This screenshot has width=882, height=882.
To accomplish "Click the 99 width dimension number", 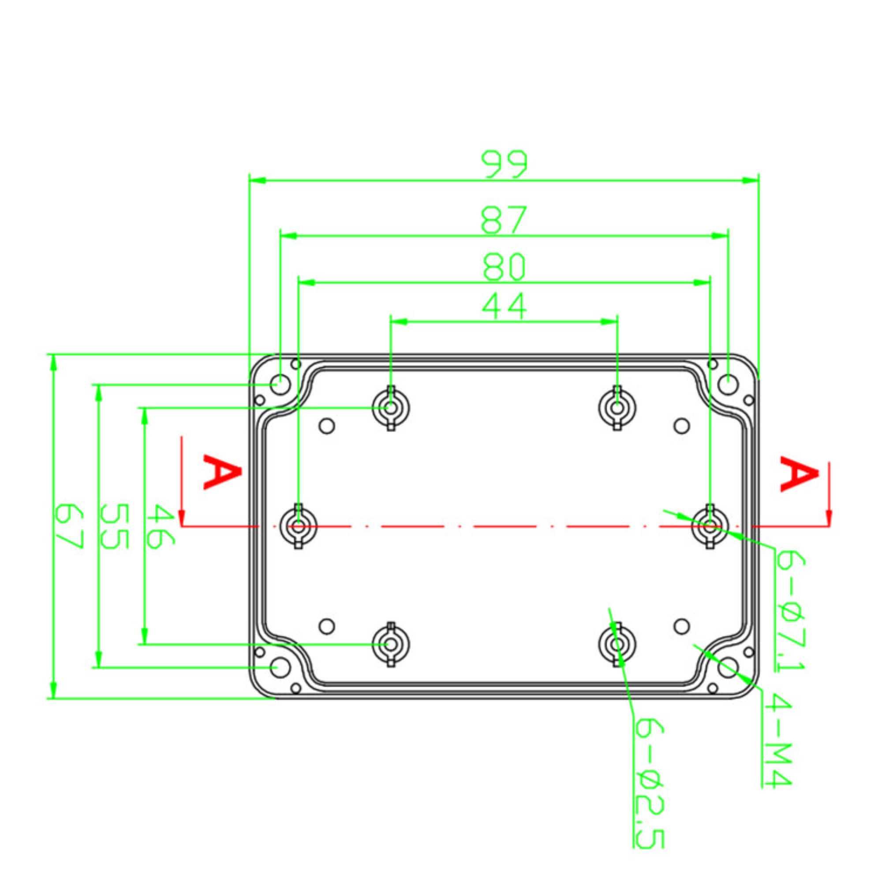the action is pyautogui.click(x=505, y=164).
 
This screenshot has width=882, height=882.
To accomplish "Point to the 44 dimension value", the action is pyautogui.click(x=505, y=306).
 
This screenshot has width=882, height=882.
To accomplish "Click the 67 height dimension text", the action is pyautogui.click(x=68, y=526).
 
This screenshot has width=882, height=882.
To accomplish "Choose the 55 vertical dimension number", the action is pyautogui.click(x=114, y=526).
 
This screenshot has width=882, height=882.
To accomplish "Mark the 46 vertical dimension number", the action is pyautogui.click(x=161, y=527).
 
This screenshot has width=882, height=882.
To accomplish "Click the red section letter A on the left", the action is pyautogui.click(x=221, y=471).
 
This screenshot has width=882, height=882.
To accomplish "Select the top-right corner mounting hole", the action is pyautogui.click(x=728, y=385).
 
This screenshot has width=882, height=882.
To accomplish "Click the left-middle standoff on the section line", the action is pyautogui.click(x=299, y=527).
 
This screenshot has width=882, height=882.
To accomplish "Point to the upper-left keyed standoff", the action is pyautogui.click(x=391, y=407).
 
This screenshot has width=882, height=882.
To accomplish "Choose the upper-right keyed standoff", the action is pyautogui.click(x=617, y=407).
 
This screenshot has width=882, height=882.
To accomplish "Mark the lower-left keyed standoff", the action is pyautogui.click(x=391, y=645).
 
